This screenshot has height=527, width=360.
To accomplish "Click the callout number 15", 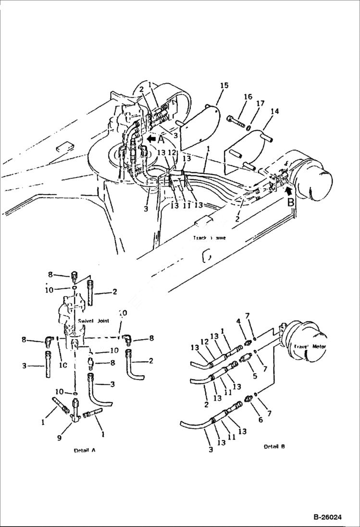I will [224, 86].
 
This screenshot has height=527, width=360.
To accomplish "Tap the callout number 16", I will [248, 98].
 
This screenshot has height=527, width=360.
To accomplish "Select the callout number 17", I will [260, 103].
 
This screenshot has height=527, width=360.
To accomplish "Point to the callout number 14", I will [274, 111].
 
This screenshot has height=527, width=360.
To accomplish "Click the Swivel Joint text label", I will [93, 320].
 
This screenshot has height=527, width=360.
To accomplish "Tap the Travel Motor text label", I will [311, 346].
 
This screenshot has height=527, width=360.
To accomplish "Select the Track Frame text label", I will [209, 238].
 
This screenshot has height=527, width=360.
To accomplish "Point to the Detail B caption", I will [274, 446].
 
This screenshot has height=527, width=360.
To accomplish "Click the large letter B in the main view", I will [291, 203].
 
